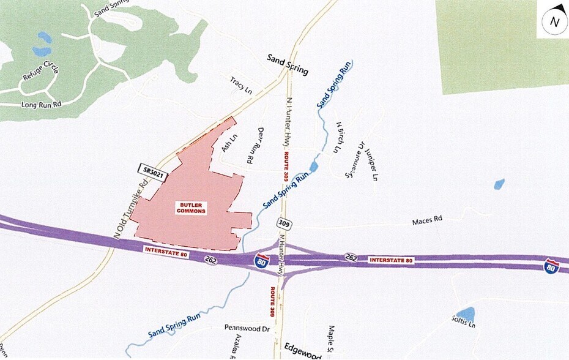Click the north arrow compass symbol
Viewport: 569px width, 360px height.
coord(554,22)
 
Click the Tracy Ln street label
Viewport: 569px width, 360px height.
coord(241,84)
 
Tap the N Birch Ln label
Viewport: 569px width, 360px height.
coord(339,136)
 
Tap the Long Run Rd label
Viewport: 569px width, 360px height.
coord(42,105)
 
